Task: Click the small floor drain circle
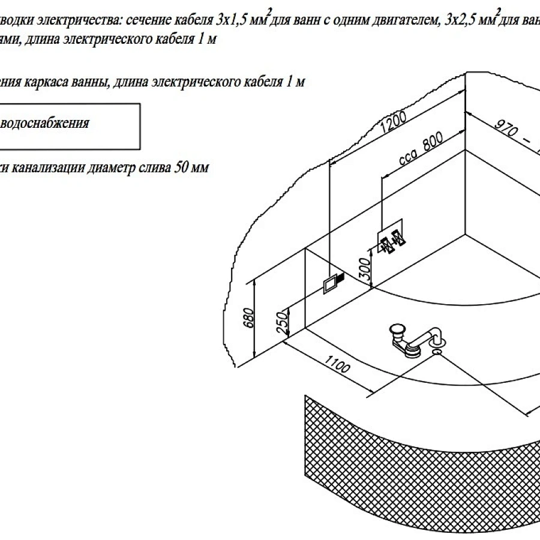436,353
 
